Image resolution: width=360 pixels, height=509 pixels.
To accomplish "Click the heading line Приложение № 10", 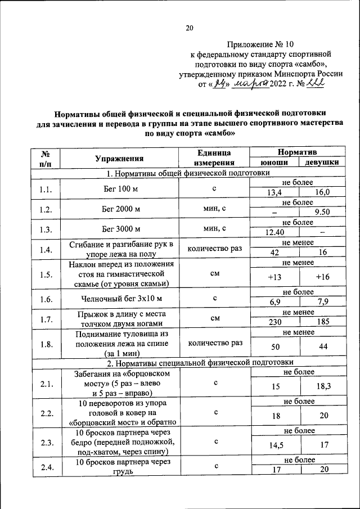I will pos(260,43).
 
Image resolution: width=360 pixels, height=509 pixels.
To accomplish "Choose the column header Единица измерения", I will pos(214,158).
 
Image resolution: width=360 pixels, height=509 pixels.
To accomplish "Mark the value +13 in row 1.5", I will pos(274,277).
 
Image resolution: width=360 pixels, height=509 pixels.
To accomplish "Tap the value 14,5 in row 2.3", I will pos(274,444).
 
